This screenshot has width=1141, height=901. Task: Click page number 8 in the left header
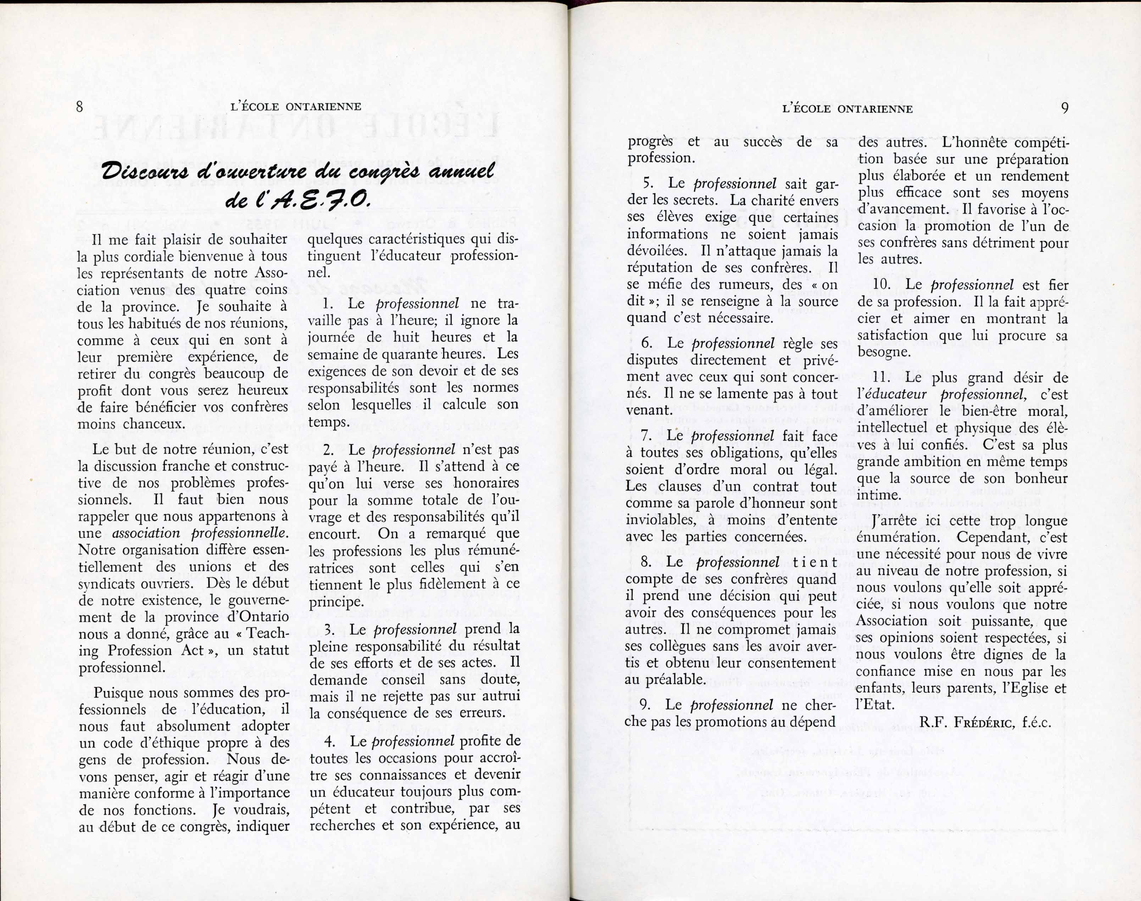[x=80, y=107]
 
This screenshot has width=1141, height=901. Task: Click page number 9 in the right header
[x=1064, y=108]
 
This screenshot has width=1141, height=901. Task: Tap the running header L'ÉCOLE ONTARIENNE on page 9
[x=847, y=109]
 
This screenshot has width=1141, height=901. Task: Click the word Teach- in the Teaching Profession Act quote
[x=267, y=634]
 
